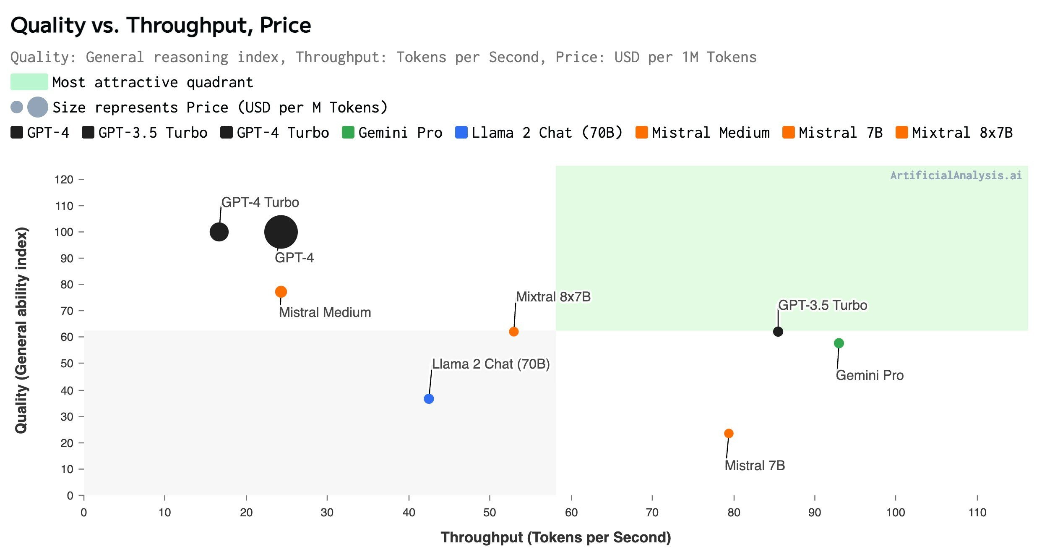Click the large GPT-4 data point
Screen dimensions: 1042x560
point(281,232)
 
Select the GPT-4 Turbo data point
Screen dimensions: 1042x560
point(219,232)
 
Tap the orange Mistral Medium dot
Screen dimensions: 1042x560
point(281,291)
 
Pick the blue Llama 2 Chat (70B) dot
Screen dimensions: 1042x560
point(429,398)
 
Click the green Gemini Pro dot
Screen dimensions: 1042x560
point(839,343)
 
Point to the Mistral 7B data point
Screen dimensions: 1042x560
point(729,433)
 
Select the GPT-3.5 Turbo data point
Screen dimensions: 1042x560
point(778,331)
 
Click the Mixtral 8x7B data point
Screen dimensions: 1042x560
point(513,331)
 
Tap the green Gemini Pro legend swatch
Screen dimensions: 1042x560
point(348,132)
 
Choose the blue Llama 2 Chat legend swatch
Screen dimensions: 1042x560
point(461,132)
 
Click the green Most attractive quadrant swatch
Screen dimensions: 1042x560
point(29,82)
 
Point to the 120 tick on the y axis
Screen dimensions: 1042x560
point(81,180)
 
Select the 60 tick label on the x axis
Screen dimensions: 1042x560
point(571,512)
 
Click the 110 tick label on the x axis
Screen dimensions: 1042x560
point(977,512)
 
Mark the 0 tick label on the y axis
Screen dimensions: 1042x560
point(70,495)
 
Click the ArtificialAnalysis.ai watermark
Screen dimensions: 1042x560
point(956,175)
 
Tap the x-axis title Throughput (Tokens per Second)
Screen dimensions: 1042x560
point(556,537)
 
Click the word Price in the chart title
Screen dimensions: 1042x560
point(285,25)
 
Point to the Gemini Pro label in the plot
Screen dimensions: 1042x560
point(870,375)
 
